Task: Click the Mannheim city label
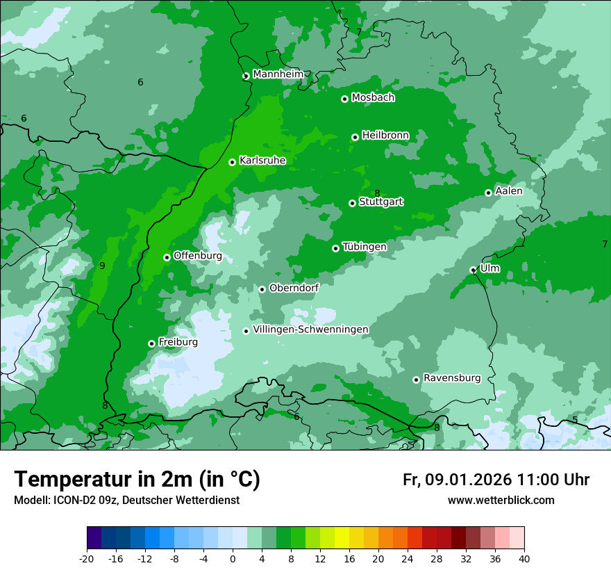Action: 278,74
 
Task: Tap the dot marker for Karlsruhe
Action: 232,162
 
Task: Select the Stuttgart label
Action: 380,202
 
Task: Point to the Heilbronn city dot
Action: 355,137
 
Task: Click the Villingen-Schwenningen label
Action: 310,330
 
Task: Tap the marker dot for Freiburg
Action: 151,343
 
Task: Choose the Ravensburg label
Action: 451,378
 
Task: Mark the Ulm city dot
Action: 473,270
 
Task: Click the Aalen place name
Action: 509,191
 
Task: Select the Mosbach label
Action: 373,98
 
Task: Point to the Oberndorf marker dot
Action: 262,289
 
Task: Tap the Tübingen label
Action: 365,247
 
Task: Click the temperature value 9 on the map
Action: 102,266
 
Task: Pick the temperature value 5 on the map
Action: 575,420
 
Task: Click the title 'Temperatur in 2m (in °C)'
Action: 137,480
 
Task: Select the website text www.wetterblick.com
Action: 501,500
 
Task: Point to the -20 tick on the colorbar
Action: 87,558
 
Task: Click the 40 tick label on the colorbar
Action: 524,558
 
